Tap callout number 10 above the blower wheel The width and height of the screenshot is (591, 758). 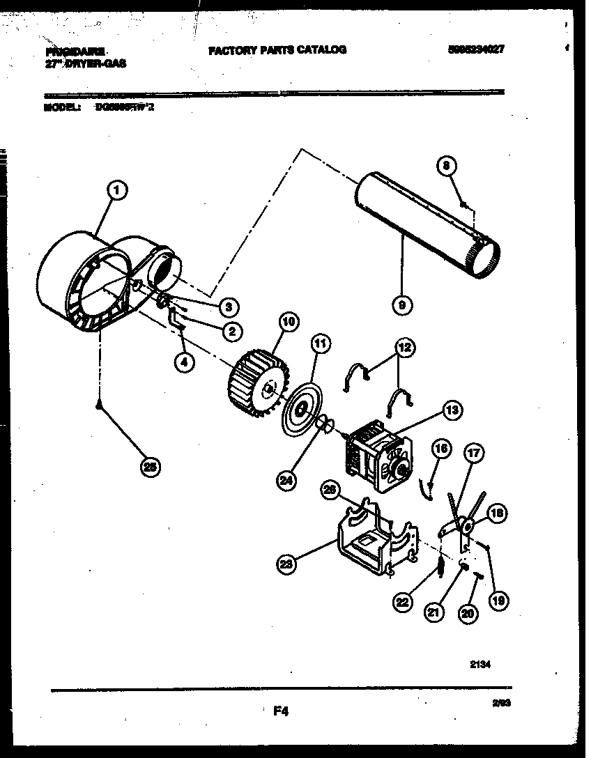(x=289, y=322)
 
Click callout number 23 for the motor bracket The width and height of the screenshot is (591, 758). (x=285, y=565)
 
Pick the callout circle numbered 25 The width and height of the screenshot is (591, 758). (x=148, y=467)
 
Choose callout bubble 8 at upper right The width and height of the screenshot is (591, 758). (x=447, y=165)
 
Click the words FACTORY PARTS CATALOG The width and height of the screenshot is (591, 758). (x=277, y=49)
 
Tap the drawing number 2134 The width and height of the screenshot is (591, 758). (x=480, y=665)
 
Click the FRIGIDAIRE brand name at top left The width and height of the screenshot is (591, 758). (x=75, y=51)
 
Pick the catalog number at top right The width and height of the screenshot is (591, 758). (x=476, y=49)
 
